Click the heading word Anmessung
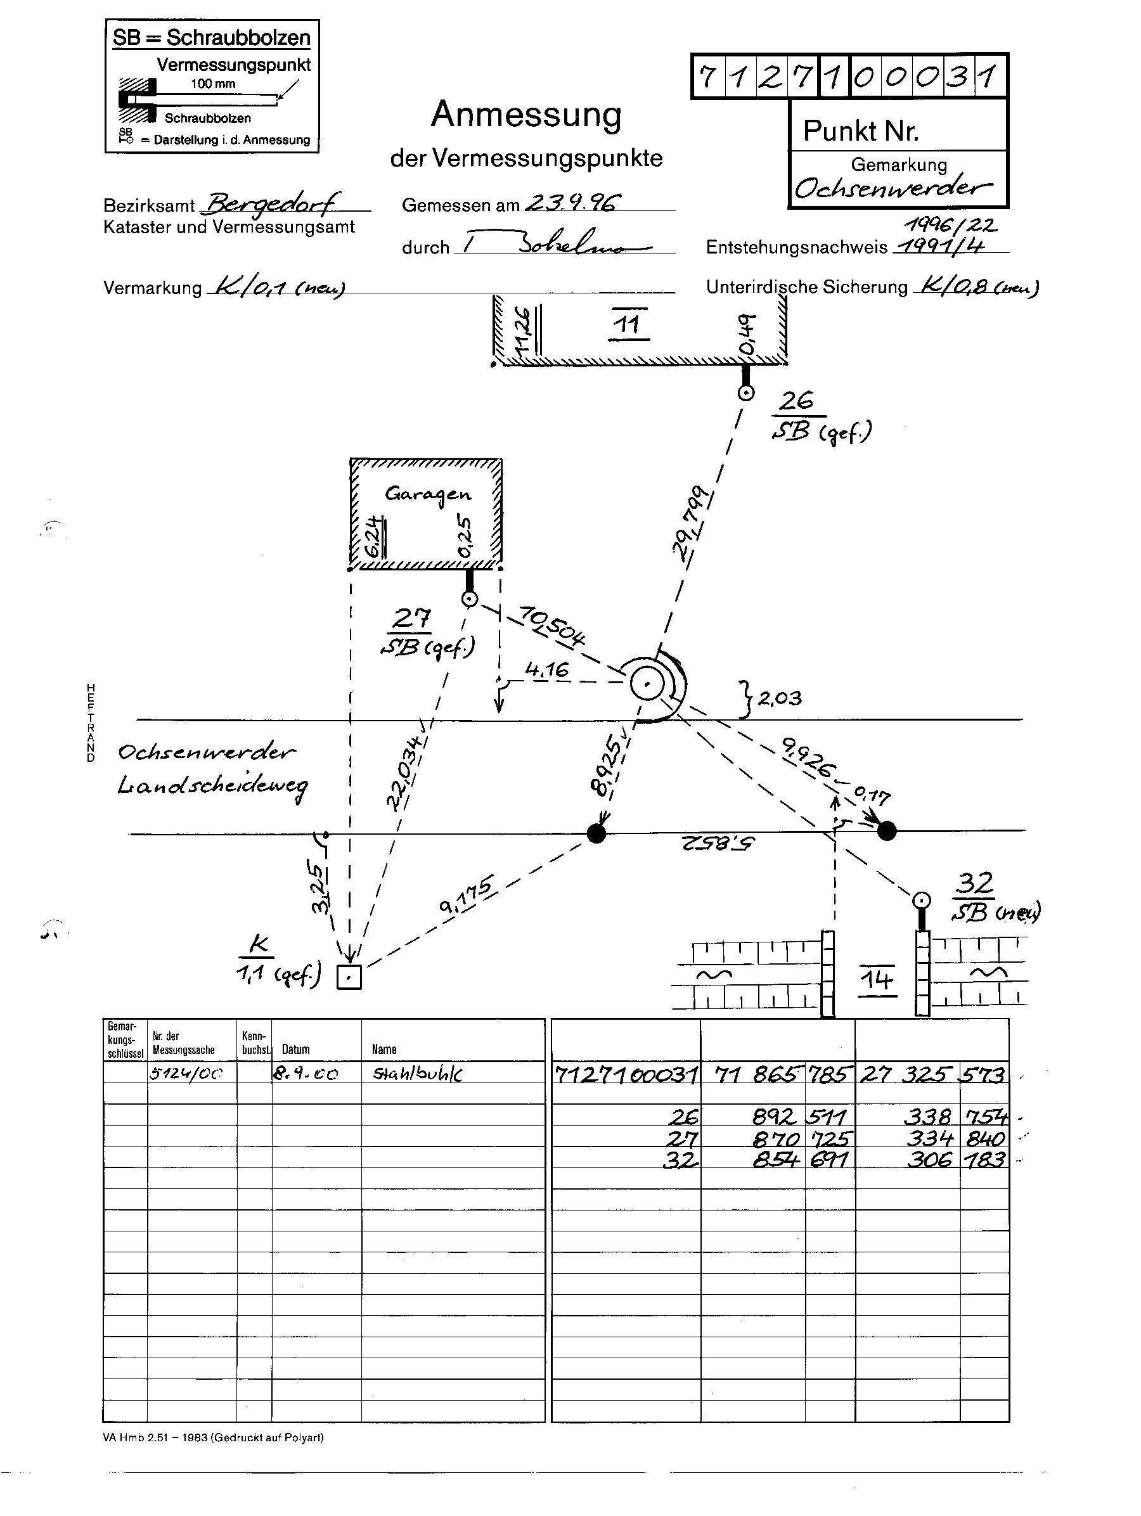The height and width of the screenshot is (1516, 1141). point(526,115)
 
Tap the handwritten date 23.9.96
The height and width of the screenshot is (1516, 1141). point(572,203)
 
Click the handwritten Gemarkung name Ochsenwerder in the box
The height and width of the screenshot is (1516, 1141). point(893,188)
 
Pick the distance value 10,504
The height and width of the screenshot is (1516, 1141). point(552,625)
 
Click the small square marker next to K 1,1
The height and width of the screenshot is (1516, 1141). point(349,977)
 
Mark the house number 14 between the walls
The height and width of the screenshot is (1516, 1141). point(877,979)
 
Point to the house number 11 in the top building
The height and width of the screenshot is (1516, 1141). point(628,323)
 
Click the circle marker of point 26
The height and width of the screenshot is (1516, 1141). point(745,394)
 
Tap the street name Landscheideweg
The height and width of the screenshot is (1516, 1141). point(212,786)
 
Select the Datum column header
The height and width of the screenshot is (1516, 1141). point(295,1050)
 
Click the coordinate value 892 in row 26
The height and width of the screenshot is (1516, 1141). point(774,1117)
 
